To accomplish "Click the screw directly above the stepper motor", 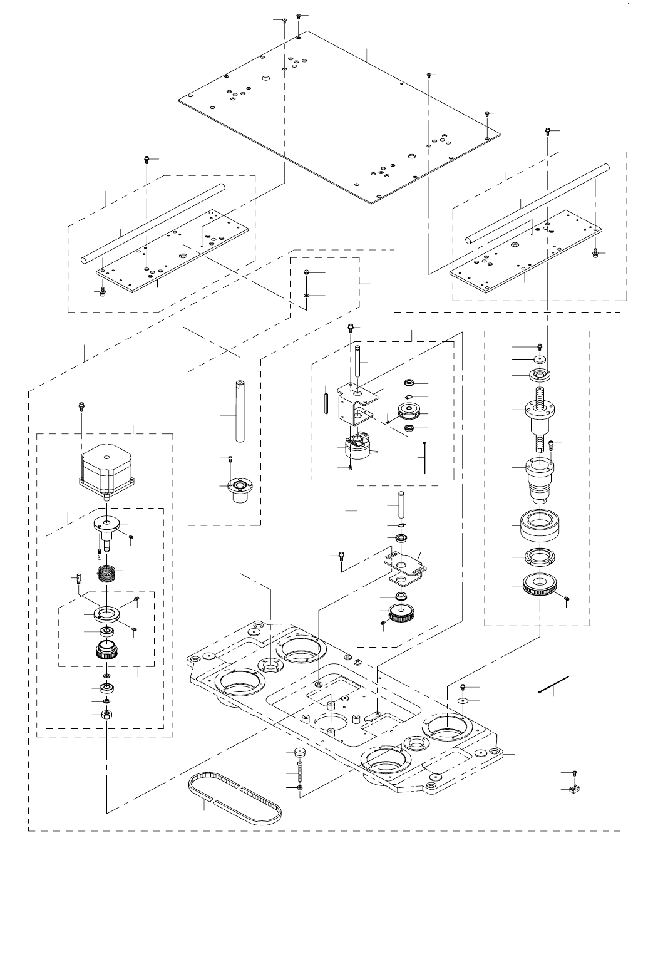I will coord(81,406).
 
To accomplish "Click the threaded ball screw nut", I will coord(540,416).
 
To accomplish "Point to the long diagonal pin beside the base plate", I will coord(554,685).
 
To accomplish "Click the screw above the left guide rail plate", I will coord(147,158).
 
